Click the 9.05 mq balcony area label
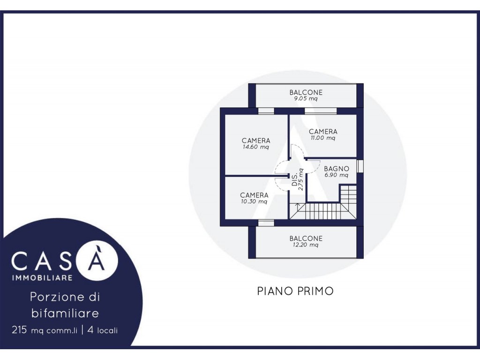pyautogui.click(x=306, y=98)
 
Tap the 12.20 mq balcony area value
pyautogui.click(x=306, y=245)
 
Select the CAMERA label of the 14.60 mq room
pyautogui.click(x=256, y=141)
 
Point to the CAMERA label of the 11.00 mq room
pyautogui.click(x=323, y=132)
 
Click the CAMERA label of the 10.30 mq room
pyautogui.click(x=254, y=195)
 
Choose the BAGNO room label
pyautogui.click(x=337, y=169)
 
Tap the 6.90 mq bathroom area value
pyautogui.click(x=337, y=175)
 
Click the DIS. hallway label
pyautogui.click(x=294, y=180)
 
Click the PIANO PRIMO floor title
pyautogui.click(x=295, y=291)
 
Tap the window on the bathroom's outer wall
pyautogui.click(x=360, y=165)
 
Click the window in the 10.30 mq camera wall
pyautogui.click(x=266, y=223)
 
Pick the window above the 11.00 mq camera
pyautogui.click(x=321, y=111)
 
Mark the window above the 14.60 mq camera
pyautogui.click(x=266, y=111)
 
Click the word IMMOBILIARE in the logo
pyautogui.click(x=42, y=277)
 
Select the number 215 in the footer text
pyautogui.click(x=19, y=330)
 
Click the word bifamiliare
pyautogui.click(x=65, y=313)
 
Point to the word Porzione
pyautogui.click(x=57, y=297)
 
